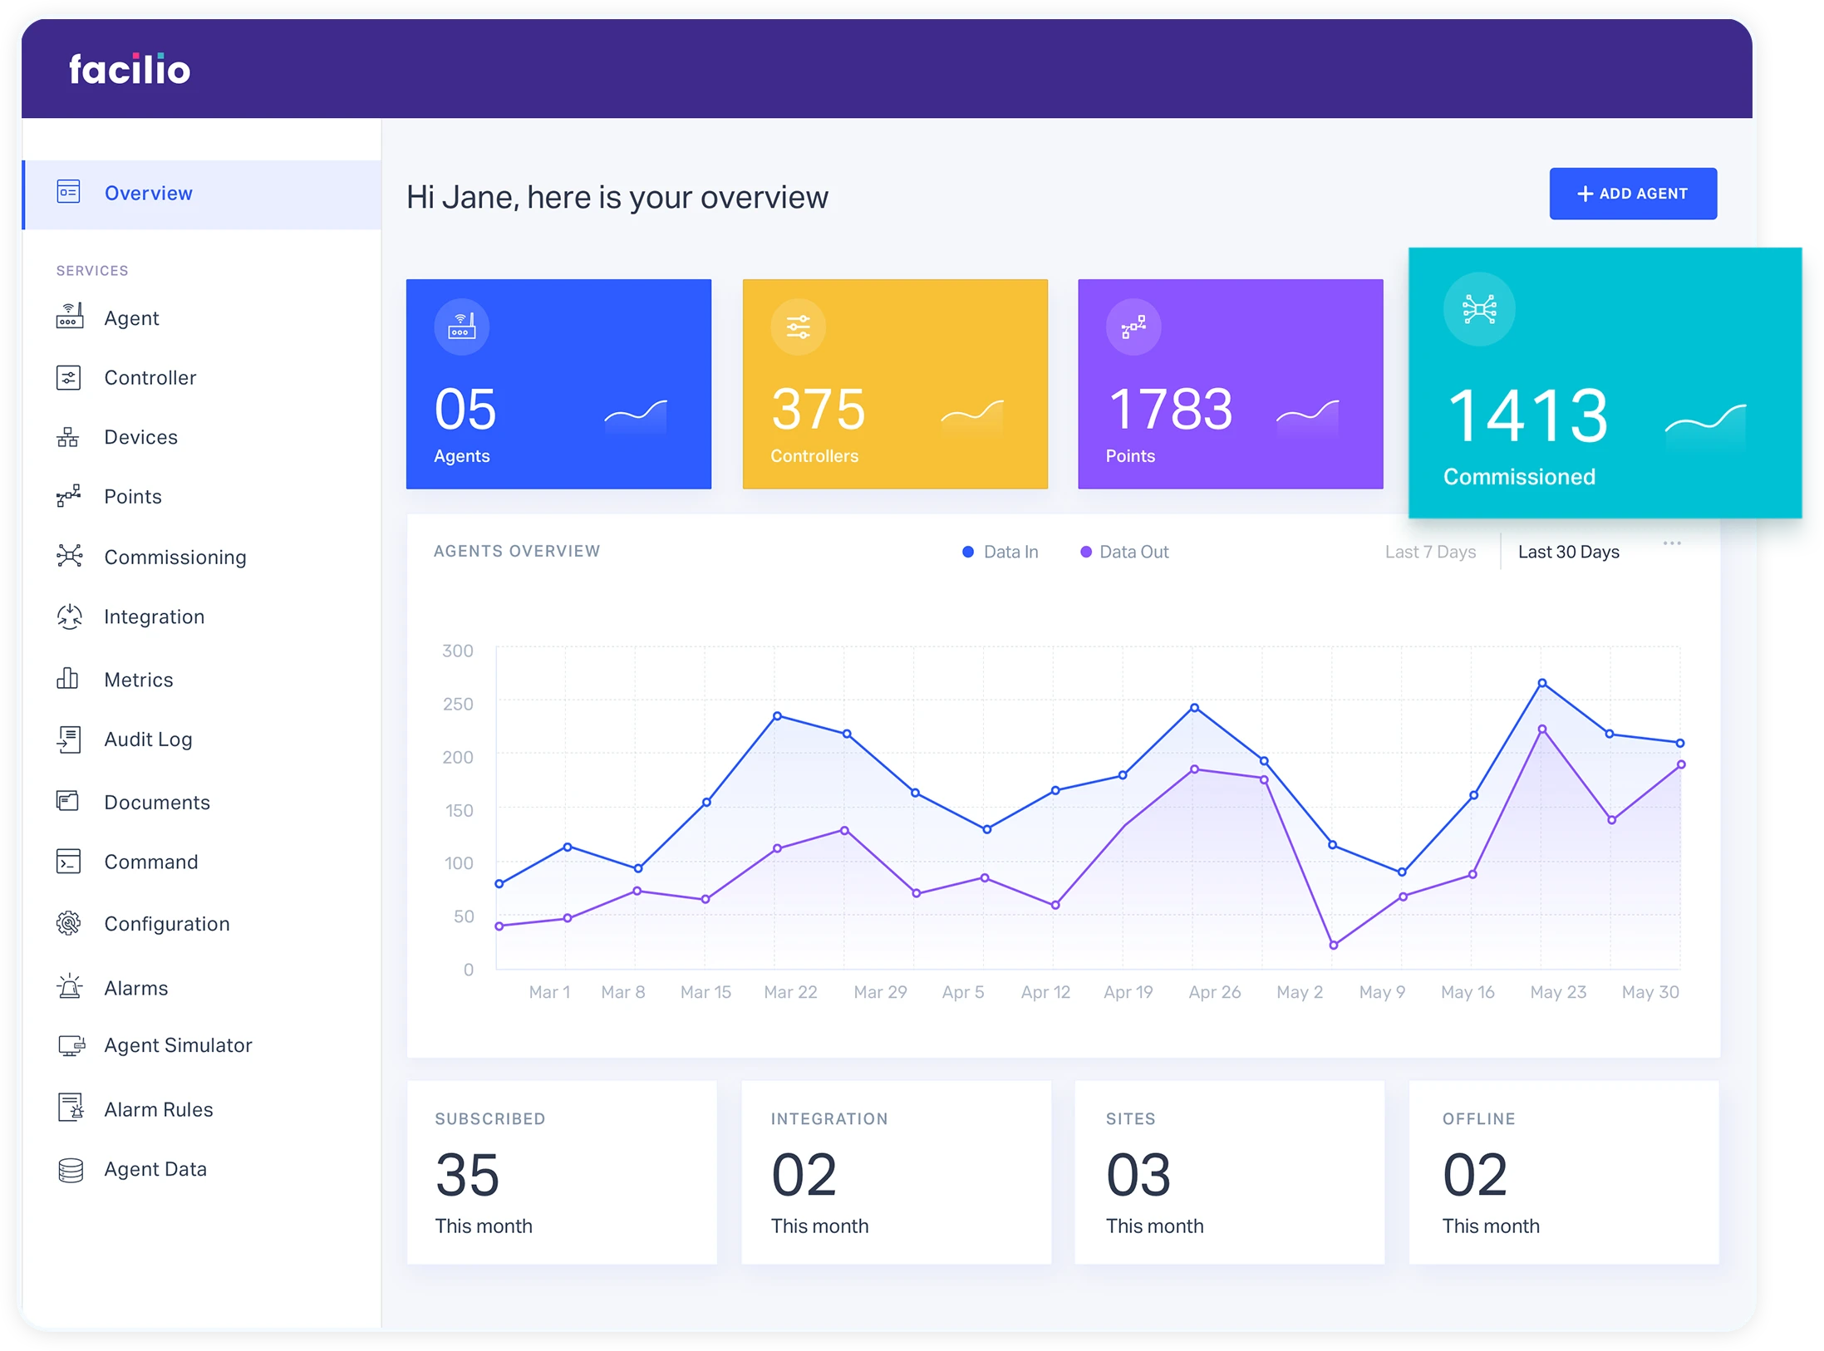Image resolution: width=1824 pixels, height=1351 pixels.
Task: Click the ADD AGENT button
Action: point(1632,194)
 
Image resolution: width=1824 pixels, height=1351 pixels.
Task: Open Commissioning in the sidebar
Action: point(175,557)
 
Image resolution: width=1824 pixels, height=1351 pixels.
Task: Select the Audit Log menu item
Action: point(148,739)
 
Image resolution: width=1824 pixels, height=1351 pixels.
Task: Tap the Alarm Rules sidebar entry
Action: point(158,1109)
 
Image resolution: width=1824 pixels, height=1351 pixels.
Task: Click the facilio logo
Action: point(130,70)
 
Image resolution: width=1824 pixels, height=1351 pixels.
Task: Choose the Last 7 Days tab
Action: point(1430,552)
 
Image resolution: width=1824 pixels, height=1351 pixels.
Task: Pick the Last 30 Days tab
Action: point(1568,552)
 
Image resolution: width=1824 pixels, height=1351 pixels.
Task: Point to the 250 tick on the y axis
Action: point(458,704)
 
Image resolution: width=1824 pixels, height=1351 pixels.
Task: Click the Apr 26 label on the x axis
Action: point(1214,992)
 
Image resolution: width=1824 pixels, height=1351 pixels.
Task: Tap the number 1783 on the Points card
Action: point(1170,410)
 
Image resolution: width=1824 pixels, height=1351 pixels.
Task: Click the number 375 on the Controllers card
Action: point(818,410)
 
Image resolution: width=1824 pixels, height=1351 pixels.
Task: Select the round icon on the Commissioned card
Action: point(1479,309)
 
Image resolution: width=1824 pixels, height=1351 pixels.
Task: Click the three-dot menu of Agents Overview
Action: point(1672,543)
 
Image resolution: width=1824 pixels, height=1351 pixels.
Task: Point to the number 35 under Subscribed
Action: point(467,1175)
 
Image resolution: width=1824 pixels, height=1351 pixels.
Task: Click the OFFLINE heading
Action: point(1478,1119)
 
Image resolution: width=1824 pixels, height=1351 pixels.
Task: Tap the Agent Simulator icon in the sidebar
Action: point(71,1045)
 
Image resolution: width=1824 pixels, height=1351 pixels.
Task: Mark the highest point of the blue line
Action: point(1542,683)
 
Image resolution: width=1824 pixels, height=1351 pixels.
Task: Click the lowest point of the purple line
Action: point(1334,945)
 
